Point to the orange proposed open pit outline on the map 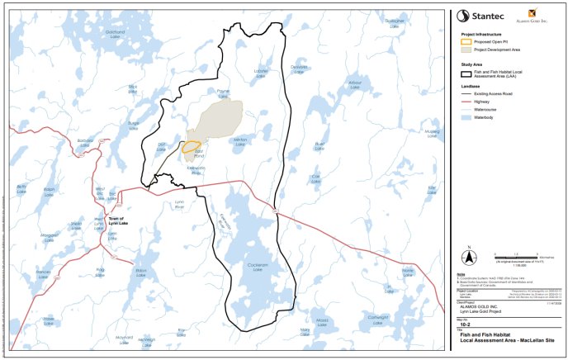192,149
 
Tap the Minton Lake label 240,142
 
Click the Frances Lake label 43,272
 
